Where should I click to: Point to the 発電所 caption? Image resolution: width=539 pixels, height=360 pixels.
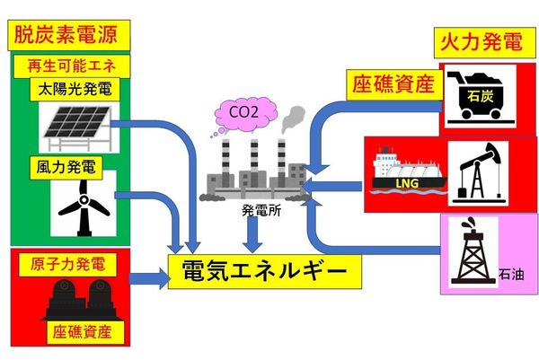click(x=256, y=213)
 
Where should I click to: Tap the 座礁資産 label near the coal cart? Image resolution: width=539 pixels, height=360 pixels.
click(x=391, y=85)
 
